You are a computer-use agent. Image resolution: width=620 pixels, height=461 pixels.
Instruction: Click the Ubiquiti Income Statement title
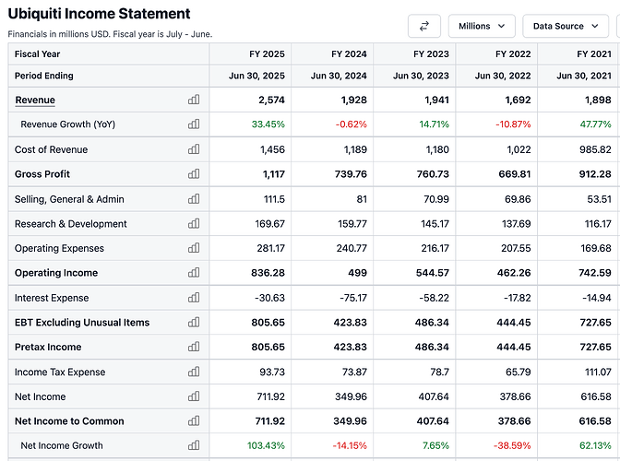[x=100, y=14]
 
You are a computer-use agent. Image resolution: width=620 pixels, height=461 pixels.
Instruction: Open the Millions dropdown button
[x=481, y=26]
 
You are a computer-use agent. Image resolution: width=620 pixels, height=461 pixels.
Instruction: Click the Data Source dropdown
[x=564, y=26]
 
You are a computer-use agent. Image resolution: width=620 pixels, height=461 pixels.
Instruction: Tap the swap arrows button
[x=423, y=26]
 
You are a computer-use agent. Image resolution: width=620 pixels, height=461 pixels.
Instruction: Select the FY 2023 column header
[x=431, y=53]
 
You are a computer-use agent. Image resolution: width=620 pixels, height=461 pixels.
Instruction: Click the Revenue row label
[x=35, y=100]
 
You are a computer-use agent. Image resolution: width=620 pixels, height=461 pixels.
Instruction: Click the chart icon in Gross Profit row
[x=194, y=174]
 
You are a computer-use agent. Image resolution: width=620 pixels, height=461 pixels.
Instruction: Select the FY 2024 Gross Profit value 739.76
[x=346, y=174]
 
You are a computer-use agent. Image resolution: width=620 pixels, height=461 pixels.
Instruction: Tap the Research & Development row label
[x=71, y=224]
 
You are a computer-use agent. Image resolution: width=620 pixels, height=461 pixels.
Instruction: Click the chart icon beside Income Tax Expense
[x=194, y=372]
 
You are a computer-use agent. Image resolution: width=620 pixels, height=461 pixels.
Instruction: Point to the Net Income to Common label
[x=69, y=421]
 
